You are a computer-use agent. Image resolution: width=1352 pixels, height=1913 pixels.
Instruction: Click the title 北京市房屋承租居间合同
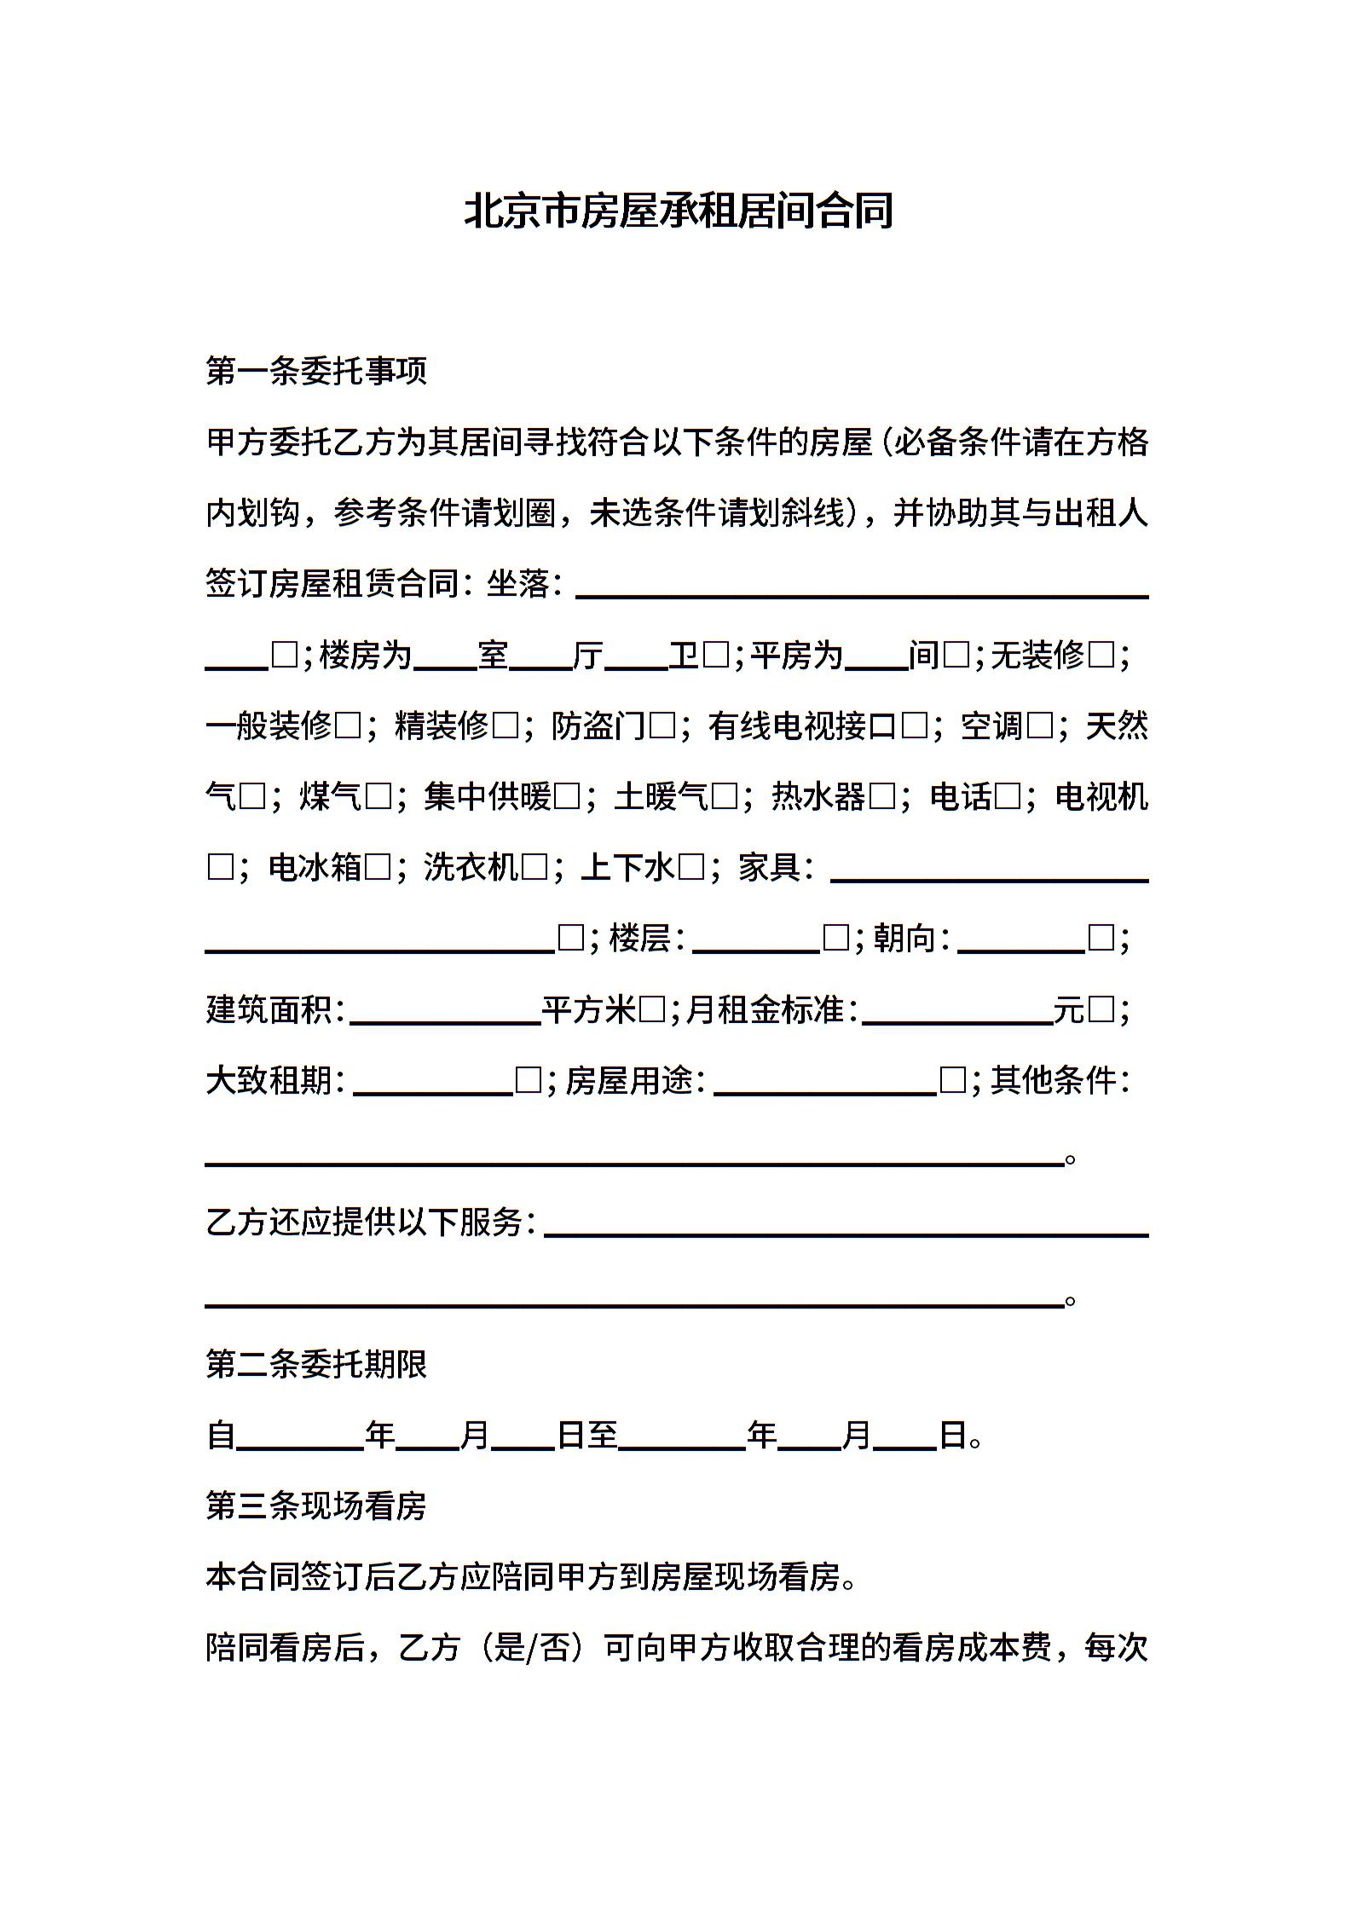[x=678, y=211]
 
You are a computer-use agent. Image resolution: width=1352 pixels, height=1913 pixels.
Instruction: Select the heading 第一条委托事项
[x=316, y=371]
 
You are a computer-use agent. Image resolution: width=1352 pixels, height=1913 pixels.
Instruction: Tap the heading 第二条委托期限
[x=316, y=1364]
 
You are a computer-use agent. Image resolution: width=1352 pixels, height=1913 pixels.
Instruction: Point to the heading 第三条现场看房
[x=316, y=1506]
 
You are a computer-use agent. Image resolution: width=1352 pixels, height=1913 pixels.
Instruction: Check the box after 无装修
[x=1102, y=656]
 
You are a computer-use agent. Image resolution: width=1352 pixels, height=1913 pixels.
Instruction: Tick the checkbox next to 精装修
[x=506, y=726]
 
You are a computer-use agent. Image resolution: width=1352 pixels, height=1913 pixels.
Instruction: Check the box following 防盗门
[x=662, y=726]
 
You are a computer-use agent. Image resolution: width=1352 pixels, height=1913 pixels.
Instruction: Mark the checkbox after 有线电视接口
[x=914, y=726]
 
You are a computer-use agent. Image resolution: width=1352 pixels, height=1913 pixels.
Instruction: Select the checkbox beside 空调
[x=1040, y=726]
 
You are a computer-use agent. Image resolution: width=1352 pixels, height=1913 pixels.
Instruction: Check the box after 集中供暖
[x=567, y=797]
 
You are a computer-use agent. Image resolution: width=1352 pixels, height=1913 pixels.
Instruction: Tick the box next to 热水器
[x=882, y=797]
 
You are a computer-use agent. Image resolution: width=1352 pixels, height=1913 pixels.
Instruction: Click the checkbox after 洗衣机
[x=534, y=868]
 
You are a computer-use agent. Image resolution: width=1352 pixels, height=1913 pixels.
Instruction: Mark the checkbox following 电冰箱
[x=378, y=868]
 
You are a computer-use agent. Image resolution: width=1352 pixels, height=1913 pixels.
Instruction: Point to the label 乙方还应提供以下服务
[x=371, y=1222]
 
